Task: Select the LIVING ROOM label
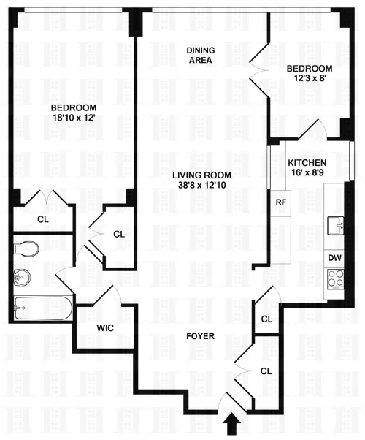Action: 202,175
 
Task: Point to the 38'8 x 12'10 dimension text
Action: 202,186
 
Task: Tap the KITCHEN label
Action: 307,163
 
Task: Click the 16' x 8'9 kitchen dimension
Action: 307,175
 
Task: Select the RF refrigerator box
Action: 280,202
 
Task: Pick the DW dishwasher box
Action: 334,258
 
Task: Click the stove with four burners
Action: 335,278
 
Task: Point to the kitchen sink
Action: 337,224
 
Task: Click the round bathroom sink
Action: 22,276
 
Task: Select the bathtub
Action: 42,308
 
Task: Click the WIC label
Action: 104,328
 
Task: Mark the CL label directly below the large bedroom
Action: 42,219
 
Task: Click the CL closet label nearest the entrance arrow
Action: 266,371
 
